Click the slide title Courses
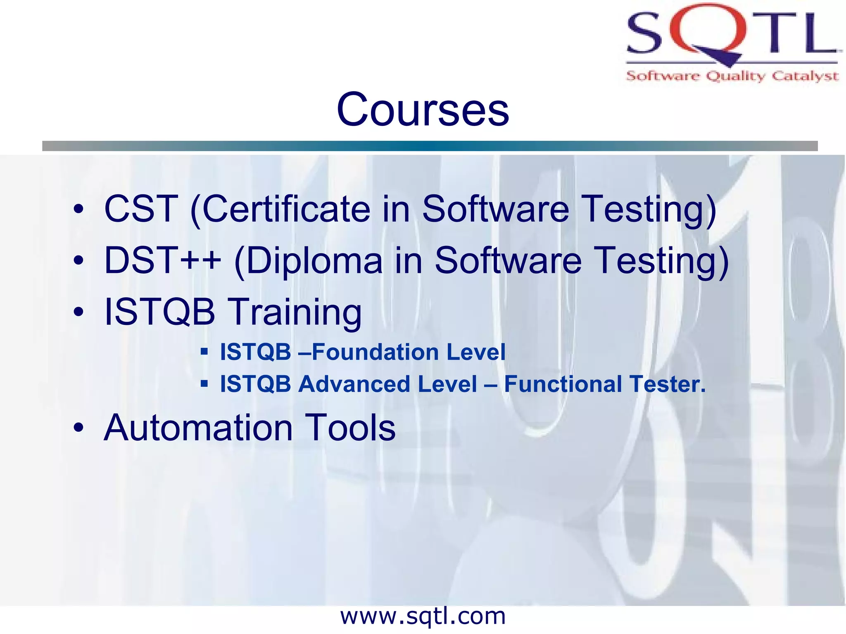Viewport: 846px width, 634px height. tap(423, 109)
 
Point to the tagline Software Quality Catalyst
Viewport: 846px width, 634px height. tap(732, 76)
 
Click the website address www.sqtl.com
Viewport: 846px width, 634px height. tap(423, 616)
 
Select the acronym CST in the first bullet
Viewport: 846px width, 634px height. tap(141, 209)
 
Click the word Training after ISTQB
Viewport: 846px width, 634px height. tap(295, 312)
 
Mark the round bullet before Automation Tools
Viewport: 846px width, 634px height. tap(78, 428)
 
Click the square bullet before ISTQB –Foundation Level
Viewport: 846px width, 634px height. tap(204, 352)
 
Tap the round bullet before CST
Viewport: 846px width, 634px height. tap(78, 209)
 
